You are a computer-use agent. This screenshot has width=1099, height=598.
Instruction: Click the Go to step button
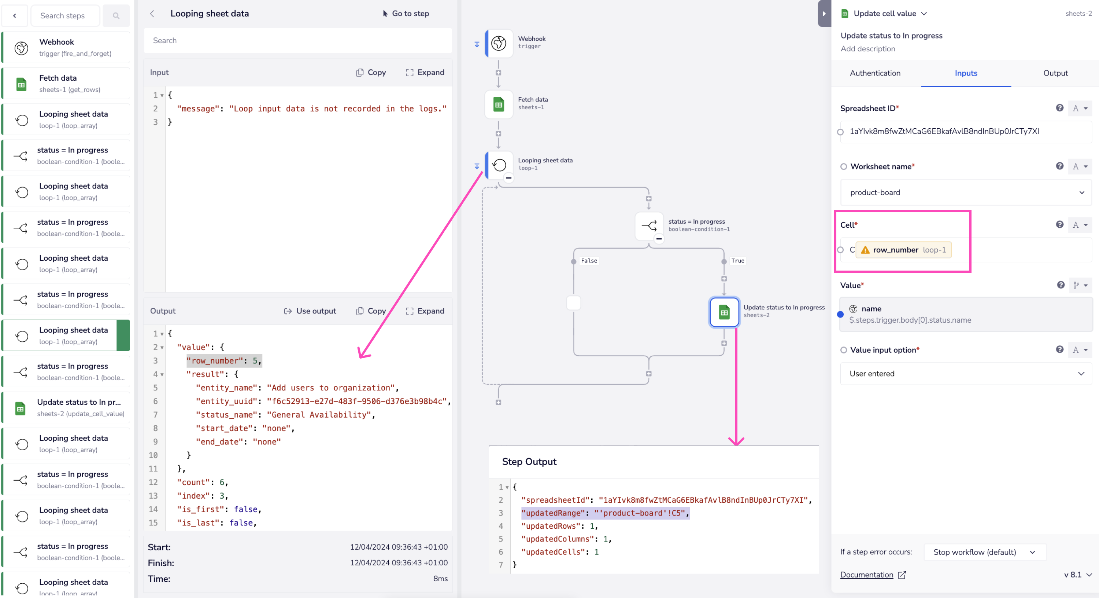tap(406, 14)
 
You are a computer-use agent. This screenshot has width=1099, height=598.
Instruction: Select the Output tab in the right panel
tap(1055, 73)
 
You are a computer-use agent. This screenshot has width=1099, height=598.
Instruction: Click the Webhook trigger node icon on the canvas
tap(498, 43)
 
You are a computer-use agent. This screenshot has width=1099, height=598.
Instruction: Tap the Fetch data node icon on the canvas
tap(498, 104)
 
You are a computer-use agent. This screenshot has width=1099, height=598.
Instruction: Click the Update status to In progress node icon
tap(724, 312)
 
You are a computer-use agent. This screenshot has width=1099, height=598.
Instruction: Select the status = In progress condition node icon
tap(648, 225)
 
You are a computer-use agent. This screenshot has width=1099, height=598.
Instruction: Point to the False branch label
tap(589, 261)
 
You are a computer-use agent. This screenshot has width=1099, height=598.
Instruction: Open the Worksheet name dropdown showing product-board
tap(965, 192)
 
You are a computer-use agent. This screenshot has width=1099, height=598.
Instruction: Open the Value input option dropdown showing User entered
tap(965, 374)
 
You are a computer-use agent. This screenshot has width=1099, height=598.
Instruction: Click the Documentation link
tap(866, 575)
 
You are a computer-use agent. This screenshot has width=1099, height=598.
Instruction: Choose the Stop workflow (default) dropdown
tap(984, 552)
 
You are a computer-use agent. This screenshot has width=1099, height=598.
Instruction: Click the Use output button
tap(310, 311)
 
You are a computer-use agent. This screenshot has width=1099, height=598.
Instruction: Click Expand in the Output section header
tap(425, 311)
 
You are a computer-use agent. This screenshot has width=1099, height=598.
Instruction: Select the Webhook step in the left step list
tap(66, 47)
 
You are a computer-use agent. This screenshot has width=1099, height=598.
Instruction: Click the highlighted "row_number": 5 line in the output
tap(223, 361)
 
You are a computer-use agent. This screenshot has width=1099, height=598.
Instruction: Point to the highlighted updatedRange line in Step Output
tap(604, 513)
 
